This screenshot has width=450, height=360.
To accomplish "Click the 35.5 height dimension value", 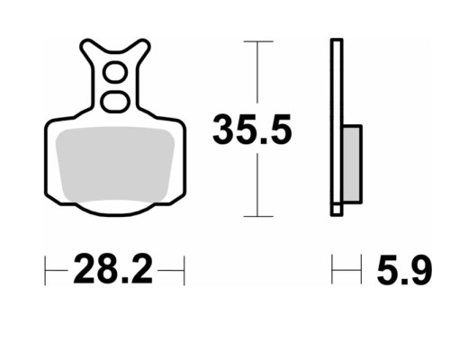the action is (x=252, y=129).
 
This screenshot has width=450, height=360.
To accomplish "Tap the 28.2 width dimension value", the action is (x=112, y=269).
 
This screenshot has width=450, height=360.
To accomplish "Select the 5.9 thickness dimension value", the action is (x=404, y=269).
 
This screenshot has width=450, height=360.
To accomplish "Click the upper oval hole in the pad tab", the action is (x=115, y=72).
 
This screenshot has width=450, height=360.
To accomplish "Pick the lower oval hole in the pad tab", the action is (x=115, y=102).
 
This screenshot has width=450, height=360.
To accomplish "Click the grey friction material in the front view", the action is (x=115, y=164).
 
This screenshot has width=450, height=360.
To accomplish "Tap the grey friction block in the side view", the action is (x=352, y=164).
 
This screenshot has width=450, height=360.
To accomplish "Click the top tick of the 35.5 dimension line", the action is (x=258, y=41).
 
